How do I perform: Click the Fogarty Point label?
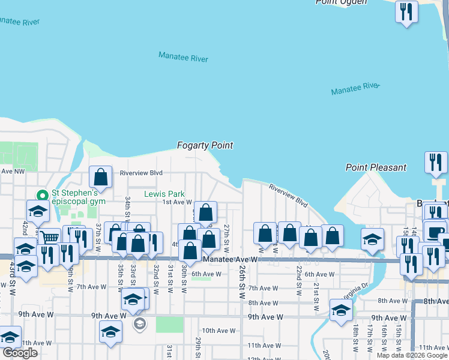[x=205, y=145]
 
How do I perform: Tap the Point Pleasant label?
[x=376, y=167]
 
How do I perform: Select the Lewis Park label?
[x=164, y=194]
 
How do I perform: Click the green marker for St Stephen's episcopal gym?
[x=43, y=195]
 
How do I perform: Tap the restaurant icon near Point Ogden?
[x=407, y=12]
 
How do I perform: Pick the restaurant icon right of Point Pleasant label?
[x=436, y=162]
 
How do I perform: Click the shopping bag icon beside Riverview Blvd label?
[x=101, y=177]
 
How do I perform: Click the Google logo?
[x=20, y=353]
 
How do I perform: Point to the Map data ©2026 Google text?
[x=412, y=355]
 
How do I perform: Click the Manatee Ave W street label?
[x=230, y=260]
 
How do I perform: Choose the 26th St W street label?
[x=242, y=278]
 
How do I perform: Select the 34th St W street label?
[x=128, y=207]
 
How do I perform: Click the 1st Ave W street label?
[x=177, y=202]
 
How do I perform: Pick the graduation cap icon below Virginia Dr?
[x=341, y=311]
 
